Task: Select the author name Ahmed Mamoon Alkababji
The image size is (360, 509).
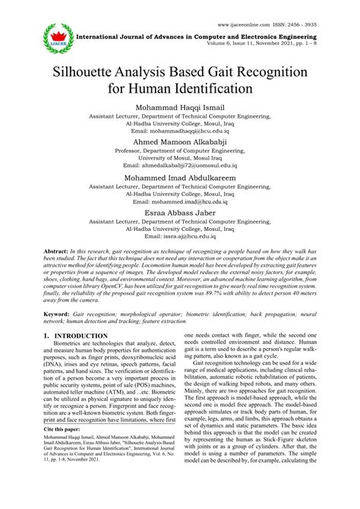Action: coord(179,142)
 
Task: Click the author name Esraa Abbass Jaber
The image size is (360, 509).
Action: coord(179,215)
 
